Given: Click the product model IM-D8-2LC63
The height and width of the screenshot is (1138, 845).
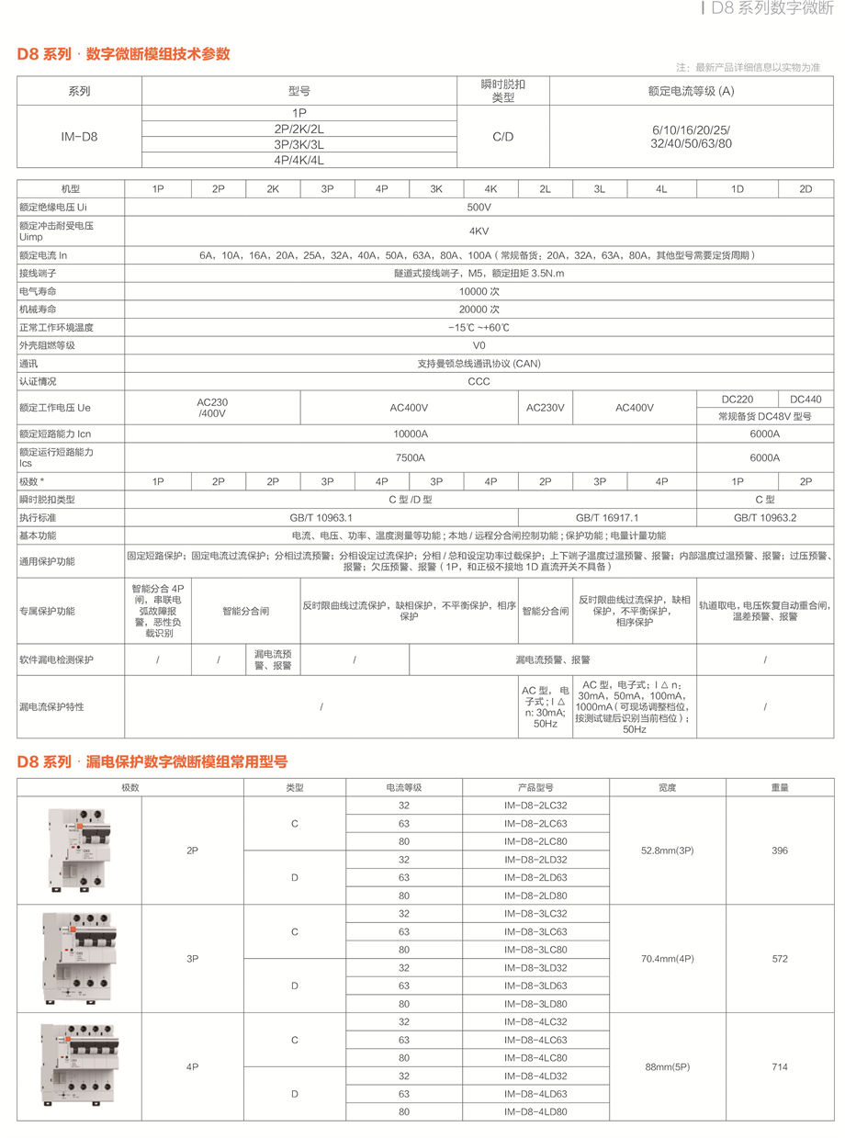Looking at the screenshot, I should (535, 823).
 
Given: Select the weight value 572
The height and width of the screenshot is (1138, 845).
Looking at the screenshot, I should (780, 958).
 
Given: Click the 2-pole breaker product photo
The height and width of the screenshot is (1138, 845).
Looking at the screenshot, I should (80, 851).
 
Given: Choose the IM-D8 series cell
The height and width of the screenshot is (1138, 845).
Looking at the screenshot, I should (79, 137).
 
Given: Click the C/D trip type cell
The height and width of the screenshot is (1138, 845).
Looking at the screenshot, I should (502, 137).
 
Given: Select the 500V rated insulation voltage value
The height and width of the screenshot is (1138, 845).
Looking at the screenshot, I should (479, 208).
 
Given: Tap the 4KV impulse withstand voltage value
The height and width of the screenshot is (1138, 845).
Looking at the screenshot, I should (479, 231).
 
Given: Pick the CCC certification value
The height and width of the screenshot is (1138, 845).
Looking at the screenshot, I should (479, 381).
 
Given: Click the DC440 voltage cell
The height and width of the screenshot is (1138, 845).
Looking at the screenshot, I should (806, 400).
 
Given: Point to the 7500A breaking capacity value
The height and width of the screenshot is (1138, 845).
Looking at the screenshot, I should (410, 457).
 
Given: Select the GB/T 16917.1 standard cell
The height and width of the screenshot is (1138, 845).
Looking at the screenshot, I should (607, 517).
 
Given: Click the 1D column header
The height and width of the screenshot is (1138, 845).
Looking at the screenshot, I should (737, 188).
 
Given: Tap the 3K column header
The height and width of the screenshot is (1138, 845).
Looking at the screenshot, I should (436, 188).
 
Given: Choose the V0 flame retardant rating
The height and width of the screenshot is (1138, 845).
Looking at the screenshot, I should (479, 344).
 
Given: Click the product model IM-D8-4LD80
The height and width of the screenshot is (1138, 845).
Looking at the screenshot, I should (535, 1111).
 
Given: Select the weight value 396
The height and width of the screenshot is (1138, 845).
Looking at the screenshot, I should (780, 851).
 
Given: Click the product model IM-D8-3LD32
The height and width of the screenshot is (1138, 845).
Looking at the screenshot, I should (535, 967).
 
